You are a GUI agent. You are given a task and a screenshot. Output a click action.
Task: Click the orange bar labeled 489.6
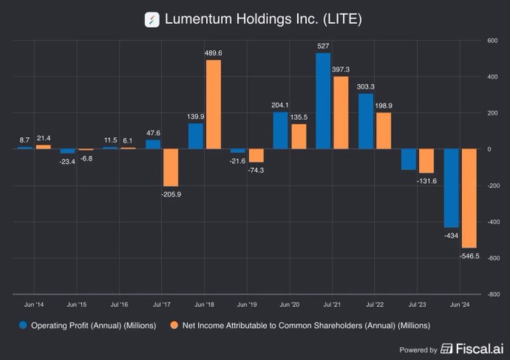click(213, 104)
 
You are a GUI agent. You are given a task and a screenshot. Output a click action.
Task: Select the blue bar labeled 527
click(324, 100)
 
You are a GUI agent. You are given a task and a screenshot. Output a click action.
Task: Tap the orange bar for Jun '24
click(469, 198)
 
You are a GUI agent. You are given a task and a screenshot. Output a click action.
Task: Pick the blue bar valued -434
click(451, 187)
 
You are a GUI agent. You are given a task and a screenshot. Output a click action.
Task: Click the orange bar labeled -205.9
click(170, 167)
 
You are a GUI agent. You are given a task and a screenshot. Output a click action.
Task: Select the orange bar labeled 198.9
click(383, 130)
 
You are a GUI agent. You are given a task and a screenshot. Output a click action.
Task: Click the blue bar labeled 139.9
click(196, 136)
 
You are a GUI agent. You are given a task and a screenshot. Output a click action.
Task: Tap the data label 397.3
click(341, 70)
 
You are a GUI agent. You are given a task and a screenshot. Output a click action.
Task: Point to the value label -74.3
click(256, 169)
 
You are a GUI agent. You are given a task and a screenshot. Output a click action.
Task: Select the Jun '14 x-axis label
click(34, 304)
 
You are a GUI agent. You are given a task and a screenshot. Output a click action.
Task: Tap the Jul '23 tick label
click(418, 304)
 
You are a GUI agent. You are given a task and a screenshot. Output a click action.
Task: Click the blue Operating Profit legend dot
click(23, 325)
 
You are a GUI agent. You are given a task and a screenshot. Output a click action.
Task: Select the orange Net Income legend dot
click(173, 325)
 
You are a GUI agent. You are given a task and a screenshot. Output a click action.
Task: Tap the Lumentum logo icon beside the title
click(152, 19)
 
